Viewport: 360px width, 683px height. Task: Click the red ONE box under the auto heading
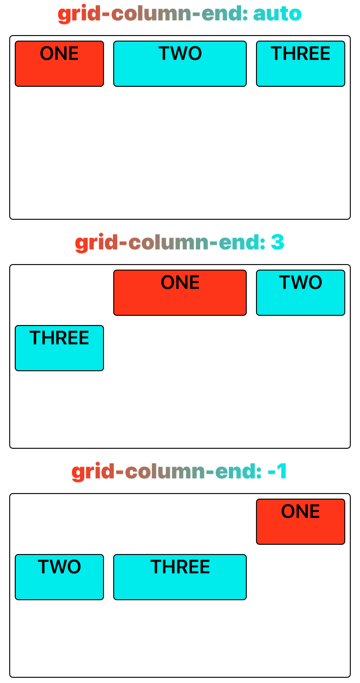pyautogui.click(x=59, y=64)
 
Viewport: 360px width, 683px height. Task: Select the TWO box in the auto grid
pyautogui.click(x=180, y=64)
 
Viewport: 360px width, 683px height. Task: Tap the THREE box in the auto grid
pyautogui.click(x=301, y=64)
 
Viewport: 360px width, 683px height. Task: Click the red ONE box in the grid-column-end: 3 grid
pyautogui.click(x=180, y=293)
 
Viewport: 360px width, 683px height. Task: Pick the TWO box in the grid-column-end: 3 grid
pyautogui.click(x=301, y=293)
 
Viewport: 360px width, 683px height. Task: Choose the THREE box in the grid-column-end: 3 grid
pyautogui.click(x=59, y=348)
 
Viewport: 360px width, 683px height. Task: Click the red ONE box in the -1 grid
pyautogui.click(x=301, y=522)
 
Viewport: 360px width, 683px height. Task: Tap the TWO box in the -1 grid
pyautogui.click(x=59, y=577)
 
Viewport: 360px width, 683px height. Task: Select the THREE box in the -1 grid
pyautogui.click(x=180, y=577)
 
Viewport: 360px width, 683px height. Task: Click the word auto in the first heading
pyautogui.click(x=277, y=14)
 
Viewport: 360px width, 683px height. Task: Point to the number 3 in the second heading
pyautogui.click(x=278, y=242)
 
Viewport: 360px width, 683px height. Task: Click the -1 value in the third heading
pyautogui.click(x=277, y=471)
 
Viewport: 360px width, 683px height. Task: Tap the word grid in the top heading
pyautogui.click(x=79, y=14)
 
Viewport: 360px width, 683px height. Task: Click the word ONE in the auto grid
pyautogui.click(x=59, y=53)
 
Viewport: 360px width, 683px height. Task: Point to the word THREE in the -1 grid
pyautogui.click(x=180, y=567)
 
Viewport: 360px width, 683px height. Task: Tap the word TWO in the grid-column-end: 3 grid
pyautogui.click(x=301, y=282)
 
